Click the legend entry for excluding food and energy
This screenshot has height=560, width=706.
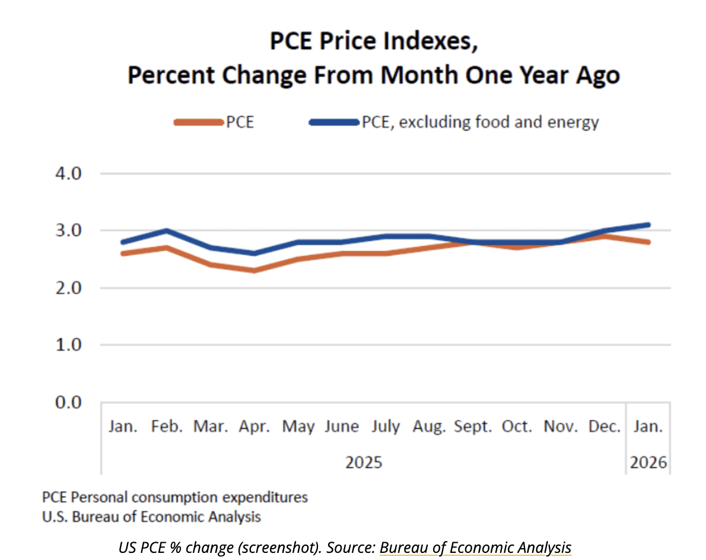(x=454, y=122)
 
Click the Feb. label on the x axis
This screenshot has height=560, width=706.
(x=167, y=427)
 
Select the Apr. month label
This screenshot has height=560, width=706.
(x=255, y=427)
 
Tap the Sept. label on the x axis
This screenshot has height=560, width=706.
(x=473, y=427)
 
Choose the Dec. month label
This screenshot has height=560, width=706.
(x=605, y=427)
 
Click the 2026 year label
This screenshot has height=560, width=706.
(x=648, y=462)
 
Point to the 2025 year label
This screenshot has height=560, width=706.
(x=364, y=462)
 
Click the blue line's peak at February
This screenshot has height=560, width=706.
(x=167, y=231)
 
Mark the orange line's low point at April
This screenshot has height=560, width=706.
(x=255, y=271)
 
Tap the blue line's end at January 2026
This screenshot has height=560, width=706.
(x=648, y=225)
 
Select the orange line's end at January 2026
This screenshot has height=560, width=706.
(x=648, y=242)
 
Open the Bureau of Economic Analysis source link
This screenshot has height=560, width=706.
(x=475, y=548)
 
